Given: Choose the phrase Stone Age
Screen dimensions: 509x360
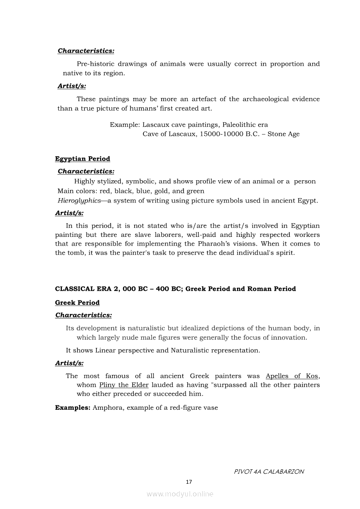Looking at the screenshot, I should (284, 134).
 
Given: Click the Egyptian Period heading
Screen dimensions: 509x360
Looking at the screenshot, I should (82, 159).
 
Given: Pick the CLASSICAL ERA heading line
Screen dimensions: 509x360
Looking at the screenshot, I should (175, 289).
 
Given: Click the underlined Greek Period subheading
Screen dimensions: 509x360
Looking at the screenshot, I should (77, 303).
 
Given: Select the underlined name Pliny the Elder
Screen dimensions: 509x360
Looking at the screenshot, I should (124, 385).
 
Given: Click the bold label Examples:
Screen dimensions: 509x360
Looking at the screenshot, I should (73, 408).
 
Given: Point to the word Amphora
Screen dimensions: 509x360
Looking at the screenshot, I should (108, 408).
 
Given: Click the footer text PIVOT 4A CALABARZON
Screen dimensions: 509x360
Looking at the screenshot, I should (268, 472).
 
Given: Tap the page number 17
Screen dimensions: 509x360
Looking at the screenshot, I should (189, 482).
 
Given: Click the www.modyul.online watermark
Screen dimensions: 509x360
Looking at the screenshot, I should (180, 494).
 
